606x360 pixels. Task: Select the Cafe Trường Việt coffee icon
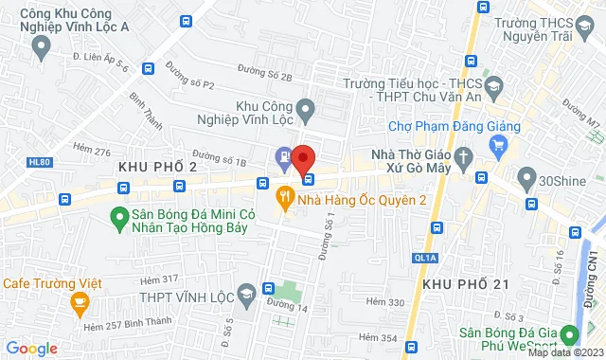[79, 302]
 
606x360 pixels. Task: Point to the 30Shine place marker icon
[526, 177]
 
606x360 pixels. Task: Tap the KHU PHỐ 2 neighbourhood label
[158, 167]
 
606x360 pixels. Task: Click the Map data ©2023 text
[563, 353]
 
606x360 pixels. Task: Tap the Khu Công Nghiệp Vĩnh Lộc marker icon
[305, 112]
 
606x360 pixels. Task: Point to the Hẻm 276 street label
[91, 152]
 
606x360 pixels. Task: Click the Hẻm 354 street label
[377, 338]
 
